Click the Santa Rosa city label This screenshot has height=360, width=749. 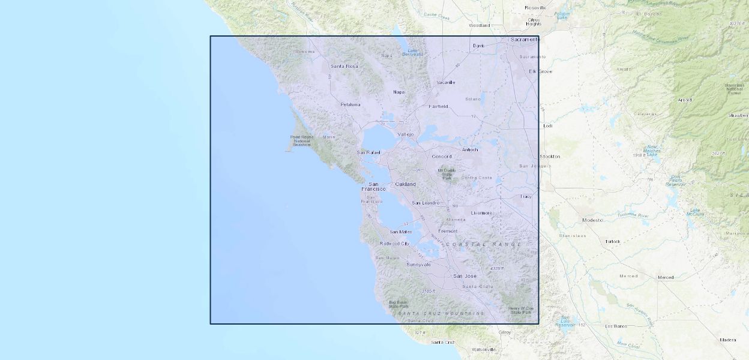point(344,66)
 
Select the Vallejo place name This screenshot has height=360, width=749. point(406,134)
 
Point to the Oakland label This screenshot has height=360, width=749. point(405,184)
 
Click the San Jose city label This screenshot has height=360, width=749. point(465,276)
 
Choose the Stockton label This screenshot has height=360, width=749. point(549,157)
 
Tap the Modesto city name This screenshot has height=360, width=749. point(592,220)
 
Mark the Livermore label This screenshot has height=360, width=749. point(481,213)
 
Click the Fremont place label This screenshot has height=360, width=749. point(448,231)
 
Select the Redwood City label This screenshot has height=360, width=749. point(394,244)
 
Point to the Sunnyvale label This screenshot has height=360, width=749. point(418,265)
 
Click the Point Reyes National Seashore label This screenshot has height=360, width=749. point(301,141)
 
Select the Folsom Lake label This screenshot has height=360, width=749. point(562,15)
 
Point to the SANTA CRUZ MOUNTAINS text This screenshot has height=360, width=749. point(441,314)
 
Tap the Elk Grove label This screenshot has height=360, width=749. point(540,71)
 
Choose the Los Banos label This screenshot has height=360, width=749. point(616,326)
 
